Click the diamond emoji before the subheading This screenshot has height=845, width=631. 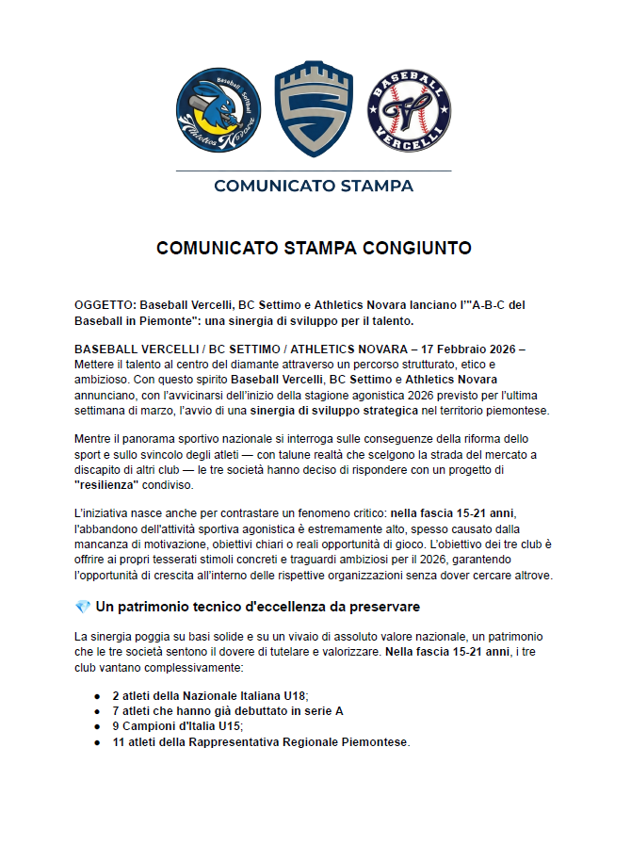coord(82,606)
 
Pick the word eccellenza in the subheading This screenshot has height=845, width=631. coord(293,606)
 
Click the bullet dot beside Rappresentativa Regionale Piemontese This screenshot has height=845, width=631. coord(97,742)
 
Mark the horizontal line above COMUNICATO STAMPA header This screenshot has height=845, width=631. coord(314,171)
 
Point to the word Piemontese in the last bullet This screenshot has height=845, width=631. coord(376,742)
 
